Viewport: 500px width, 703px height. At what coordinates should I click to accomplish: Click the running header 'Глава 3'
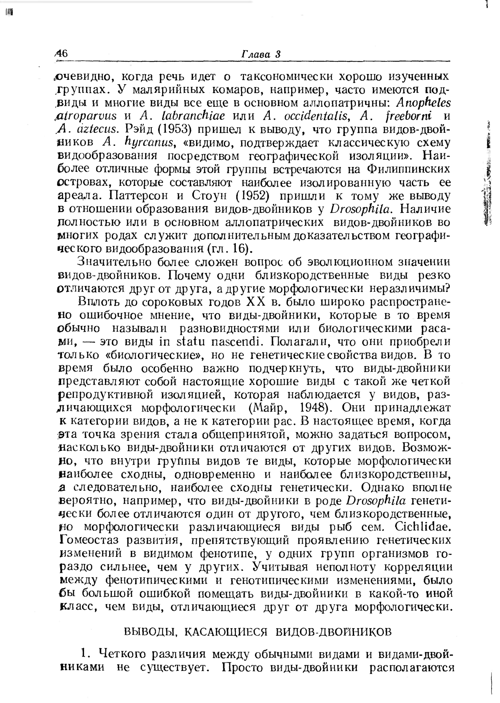click(260, 54)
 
